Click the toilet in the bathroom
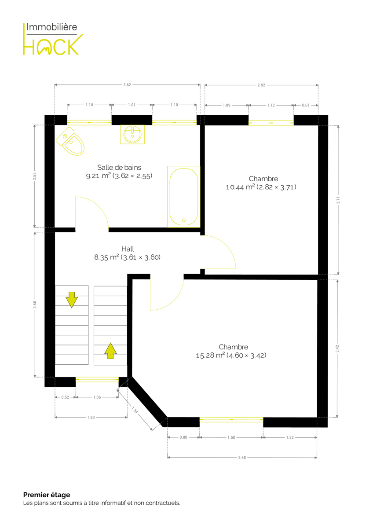tap(70, 141)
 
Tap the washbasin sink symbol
tap(132, 134)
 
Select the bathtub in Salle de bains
tap(183, 197)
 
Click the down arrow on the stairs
tap(72, 300)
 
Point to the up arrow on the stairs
tap(110, 351)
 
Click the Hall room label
tap(128, 249)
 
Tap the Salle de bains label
tap(119, 167)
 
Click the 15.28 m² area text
tap(210, 355)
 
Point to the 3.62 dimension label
tap(127, 85)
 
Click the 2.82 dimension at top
tap(261, 85)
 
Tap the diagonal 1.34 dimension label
tap(134, 410)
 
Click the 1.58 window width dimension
tap(231, 437)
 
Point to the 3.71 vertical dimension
tap(338, 200)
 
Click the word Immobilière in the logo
tap(51, 27)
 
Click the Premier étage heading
tap(47, 495)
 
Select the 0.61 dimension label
tap(306, 105)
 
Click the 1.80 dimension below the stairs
tap(91, 418)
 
